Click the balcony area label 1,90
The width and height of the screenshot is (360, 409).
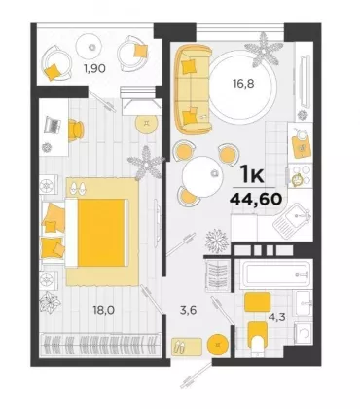point(94,68)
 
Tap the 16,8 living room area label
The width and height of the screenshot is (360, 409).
point(243,84)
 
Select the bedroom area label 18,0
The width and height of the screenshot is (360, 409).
point(104,310)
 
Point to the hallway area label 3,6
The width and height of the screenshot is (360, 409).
point(189,310)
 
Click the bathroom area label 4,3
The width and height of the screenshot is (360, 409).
point(276,316)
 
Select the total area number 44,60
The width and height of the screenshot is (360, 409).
point(255,199)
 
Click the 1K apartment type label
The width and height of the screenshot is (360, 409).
point(252,175)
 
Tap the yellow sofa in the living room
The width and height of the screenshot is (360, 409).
point(193,90)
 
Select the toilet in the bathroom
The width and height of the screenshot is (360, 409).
point(258,339)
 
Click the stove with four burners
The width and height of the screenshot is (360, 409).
point(301,176)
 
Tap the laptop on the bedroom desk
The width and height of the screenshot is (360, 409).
point(52,125)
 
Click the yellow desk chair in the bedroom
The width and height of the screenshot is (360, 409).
point(76,130)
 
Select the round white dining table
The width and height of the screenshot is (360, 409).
point(202,176)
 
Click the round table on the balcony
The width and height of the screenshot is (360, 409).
point(92,47)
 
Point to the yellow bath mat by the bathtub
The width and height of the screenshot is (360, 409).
point(258,302)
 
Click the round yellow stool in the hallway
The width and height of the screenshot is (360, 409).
point(218,344)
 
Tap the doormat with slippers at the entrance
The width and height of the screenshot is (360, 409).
point(187,346)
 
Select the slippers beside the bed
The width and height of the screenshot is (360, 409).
point(77,187)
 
